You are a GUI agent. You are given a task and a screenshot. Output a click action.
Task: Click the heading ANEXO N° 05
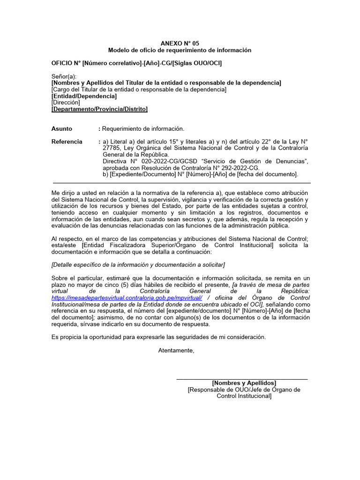[180, 43]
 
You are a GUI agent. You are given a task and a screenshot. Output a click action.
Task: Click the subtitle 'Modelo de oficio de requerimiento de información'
[180, 50]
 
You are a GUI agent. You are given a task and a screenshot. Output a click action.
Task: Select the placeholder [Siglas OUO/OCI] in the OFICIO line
[197, 63]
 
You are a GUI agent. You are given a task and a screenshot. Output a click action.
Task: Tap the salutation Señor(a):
[64, 76]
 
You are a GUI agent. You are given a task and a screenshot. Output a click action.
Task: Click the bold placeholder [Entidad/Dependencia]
[84, 96]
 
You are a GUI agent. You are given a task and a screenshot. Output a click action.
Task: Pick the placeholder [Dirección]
[66, 103]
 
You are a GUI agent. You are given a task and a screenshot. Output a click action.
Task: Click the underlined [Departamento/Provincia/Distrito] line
[99, 109]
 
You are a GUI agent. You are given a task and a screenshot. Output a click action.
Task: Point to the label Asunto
[62, 128]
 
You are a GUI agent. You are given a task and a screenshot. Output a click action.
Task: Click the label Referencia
[67, 142]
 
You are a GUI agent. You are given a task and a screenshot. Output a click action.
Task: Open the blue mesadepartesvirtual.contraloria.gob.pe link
[127, 298]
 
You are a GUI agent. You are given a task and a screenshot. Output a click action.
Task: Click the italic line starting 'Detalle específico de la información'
[138, 265]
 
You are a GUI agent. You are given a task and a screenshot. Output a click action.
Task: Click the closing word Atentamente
[176, 350]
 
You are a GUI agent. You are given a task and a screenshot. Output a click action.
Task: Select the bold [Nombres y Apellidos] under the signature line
[244, 383]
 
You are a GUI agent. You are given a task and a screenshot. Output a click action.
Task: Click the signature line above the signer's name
[242, 379]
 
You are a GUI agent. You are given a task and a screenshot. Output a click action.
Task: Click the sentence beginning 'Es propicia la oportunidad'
[158, 337]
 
